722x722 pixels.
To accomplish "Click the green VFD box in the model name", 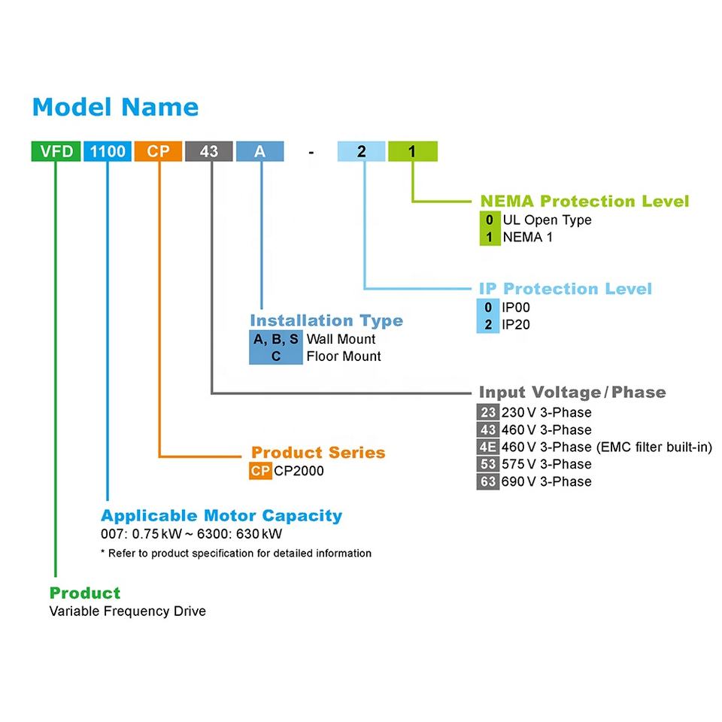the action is tap(56, 151).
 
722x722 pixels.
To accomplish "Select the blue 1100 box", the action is tap(108, 151).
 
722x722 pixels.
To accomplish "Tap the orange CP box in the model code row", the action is tap(158, 151).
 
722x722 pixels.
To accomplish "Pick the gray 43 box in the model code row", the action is tap(209, 151).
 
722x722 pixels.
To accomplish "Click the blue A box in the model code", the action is tap(259, 151).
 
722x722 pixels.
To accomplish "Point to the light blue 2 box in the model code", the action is tap(362, 151).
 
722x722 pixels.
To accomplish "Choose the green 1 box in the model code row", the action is tap(413, 151).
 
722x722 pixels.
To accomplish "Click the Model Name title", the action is tap(116, 108).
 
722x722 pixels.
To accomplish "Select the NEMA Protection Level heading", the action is tap(585, 202).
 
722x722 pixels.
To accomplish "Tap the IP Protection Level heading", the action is tap(566, 289).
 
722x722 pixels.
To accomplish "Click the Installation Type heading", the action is tap(326, 320).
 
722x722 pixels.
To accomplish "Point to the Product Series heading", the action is tap(318, 453).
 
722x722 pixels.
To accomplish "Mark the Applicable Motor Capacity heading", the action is tap(221, 516).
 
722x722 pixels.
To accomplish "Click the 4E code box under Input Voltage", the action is tap(488, 447).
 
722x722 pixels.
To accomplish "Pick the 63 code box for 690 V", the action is tap(488, 481).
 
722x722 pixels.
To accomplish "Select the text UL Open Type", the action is tap(547, 220).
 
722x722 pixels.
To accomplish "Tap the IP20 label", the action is tap(516, 325).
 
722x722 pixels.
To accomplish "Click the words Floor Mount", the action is tap(344, 356).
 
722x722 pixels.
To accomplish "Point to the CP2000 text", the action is tap(299, 471).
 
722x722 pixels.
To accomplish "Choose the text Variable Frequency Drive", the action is tap(128, 611).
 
